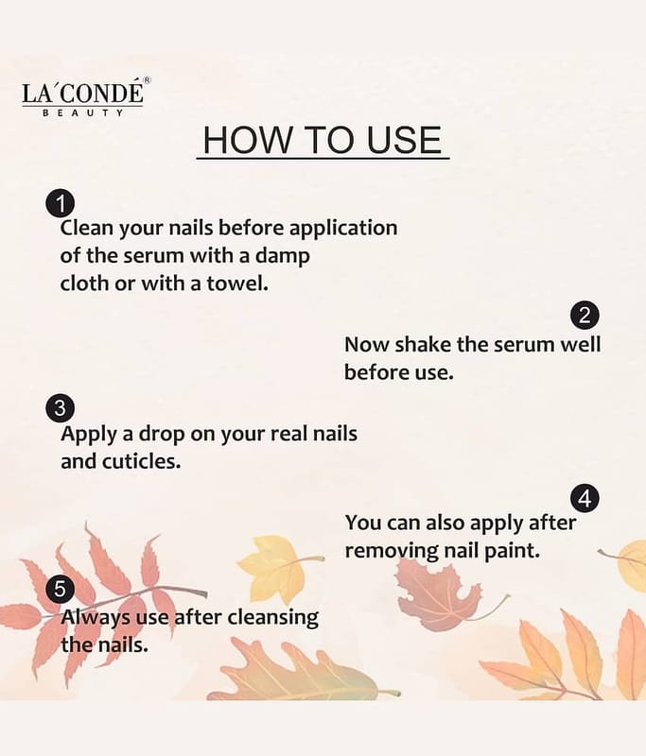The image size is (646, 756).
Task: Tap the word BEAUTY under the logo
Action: coord(82,112)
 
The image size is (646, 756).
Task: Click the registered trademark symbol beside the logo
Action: coord(148,80)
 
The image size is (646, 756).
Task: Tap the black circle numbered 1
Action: coord(61,204)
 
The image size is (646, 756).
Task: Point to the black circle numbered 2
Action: coord(585,316)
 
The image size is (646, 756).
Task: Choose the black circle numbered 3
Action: coord(60,408)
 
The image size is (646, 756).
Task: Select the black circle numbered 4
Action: coord(585,499)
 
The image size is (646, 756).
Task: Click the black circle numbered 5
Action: coord(60,589)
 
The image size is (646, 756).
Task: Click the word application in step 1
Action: coord(343,229)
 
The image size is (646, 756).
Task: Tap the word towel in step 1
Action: coord(236,283)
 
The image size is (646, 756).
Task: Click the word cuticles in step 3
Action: coord(141,461)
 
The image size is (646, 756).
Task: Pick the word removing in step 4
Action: coord(392,551)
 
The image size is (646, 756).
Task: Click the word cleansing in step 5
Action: coord(272,618)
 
